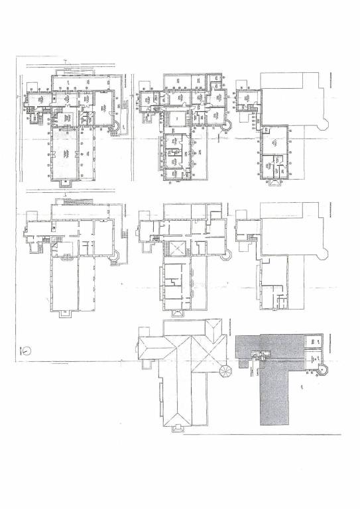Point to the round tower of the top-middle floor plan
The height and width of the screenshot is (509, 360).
[x=227, y=124]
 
